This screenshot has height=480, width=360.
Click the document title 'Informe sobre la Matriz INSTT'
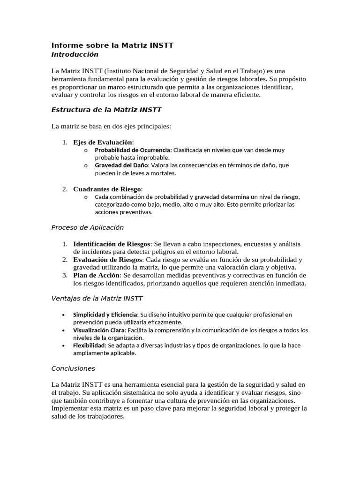112,45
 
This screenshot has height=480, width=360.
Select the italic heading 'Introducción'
75,54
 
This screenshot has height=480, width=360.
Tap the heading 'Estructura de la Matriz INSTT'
106,110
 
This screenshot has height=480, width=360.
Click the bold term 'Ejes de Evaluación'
103,142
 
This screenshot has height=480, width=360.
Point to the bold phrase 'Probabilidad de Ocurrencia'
133,150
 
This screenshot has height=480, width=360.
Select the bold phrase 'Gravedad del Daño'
121,165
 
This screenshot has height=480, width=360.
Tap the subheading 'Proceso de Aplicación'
87,227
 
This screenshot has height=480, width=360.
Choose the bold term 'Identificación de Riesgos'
112,244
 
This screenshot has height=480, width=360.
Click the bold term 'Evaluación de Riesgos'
107,260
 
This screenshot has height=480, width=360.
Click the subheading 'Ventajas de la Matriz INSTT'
97,298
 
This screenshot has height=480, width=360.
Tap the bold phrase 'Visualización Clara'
99,330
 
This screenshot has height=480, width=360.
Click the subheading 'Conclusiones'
73,368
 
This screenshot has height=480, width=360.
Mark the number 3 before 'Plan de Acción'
64,275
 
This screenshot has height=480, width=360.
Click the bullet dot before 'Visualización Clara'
63,330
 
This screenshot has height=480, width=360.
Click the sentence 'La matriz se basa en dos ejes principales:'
111,126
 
